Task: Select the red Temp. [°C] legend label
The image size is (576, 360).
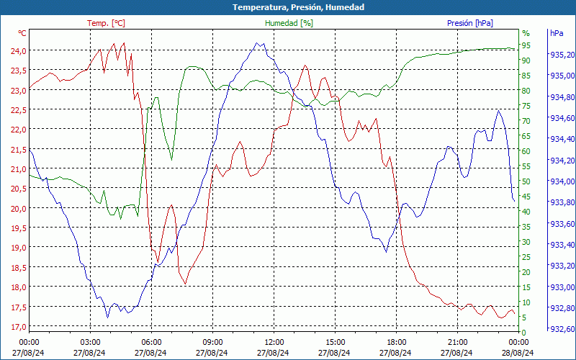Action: click(106, 23)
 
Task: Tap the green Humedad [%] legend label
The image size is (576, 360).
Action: click(289, 23)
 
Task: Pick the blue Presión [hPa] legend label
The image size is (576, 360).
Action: click(469, 23)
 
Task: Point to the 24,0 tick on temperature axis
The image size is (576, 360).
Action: click(18, 50)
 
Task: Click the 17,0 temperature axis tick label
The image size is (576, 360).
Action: click(18, 326)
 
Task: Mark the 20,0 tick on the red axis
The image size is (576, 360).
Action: click(18, 208)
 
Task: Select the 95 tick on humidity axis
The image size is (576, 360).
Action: click(526, 45)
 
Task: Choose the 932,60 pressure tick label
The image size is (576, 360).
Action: click(562, 329)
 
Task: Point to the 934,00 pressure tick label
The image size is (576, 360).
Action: click(562, 181)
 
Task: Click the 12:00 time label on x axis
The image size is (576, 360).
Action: click(274, 342)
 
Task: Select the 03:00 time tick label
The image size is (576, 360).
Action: click(90, 342)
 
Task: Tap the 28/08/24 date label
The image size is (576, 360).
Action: click(518, 353)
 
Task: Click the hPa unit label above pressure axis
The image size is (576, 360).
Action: click(557, 33)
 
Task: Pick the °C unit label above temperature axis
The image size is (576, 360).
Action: click(22, 33)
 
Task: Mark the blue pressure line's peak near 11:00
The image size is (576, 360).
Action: click(258, 43)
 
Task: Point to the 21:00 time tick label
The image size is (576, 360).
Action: click(458, 342)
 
